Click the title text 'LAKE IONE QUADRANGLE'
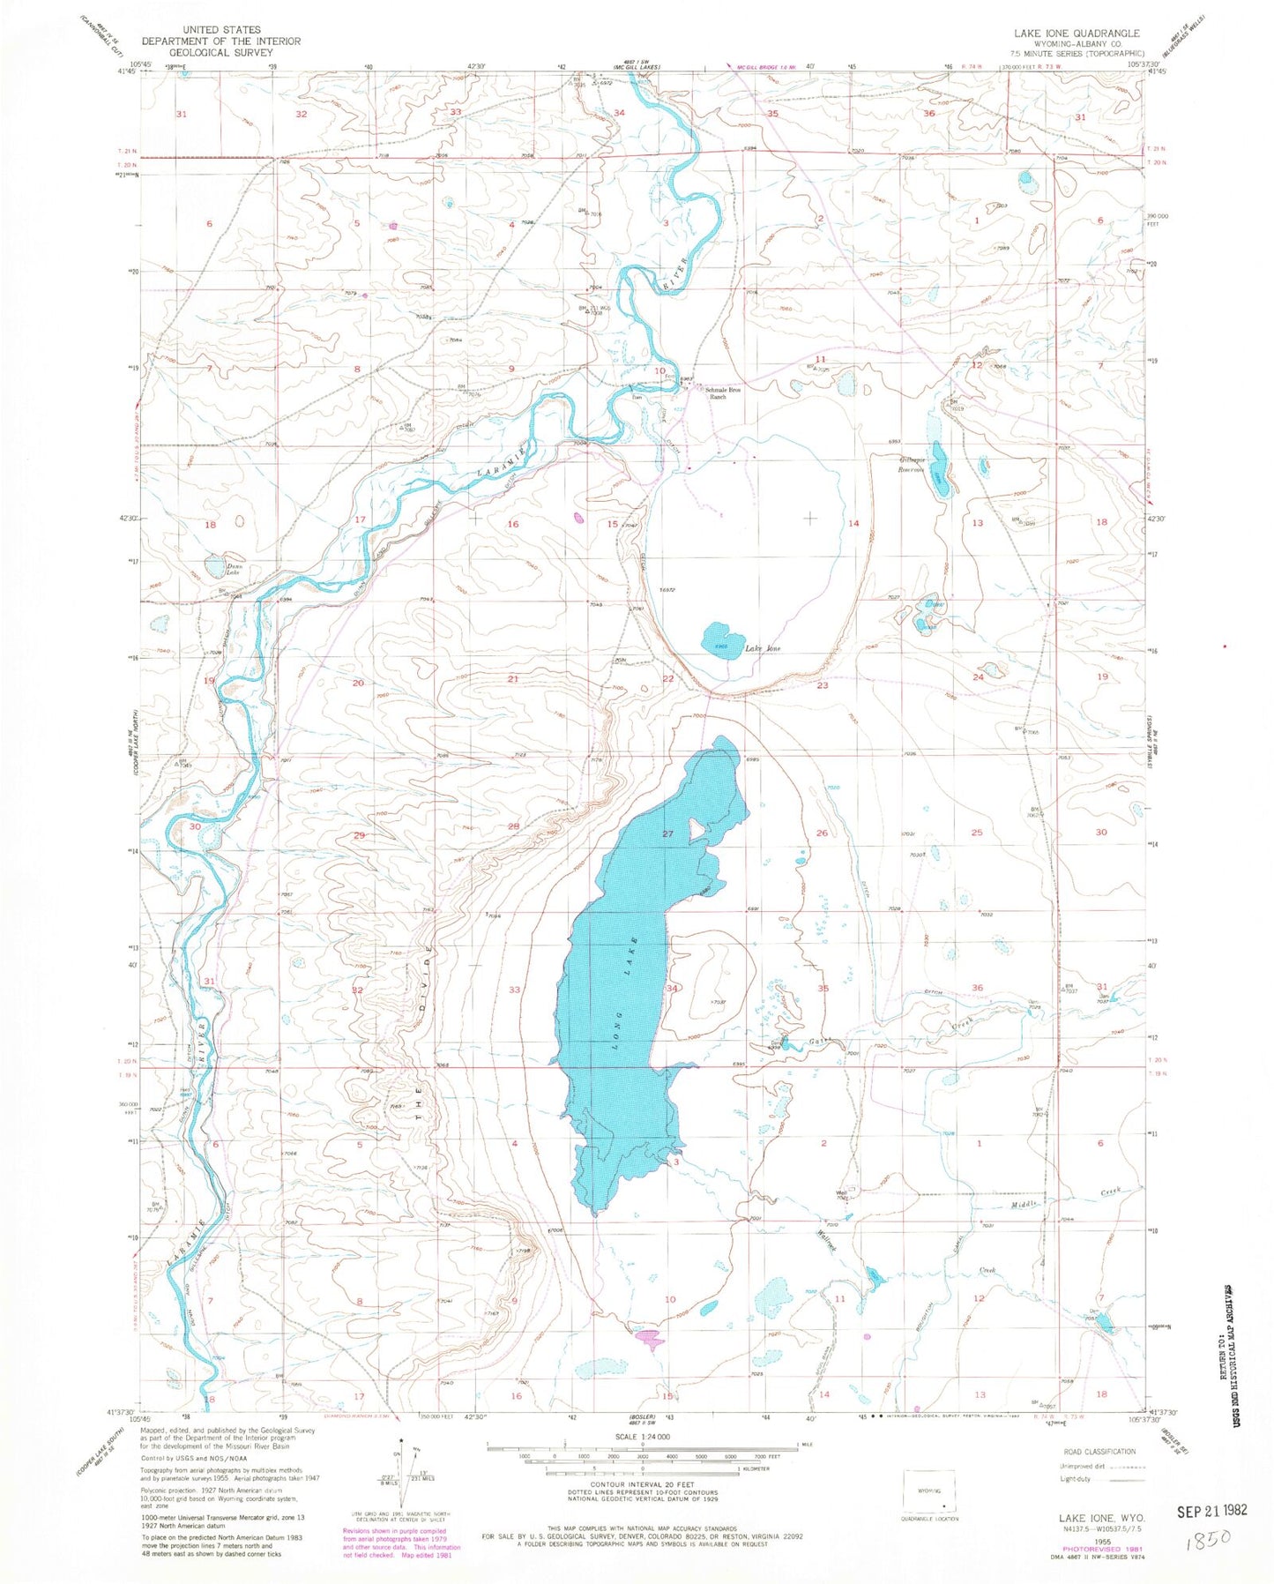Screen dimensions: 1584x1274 click(x=1076, y=34)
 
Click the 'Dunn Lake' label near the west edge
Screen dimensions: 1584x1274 click(x=234, y=570)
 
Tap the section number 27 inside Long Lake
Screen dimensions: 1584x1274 click(x=667, y=833)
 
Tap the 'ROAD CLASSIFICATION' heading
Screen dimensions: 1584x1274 click(x=1099, y=1452)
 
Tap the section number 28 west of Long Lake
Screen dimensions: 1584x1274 click(x=513, y=826)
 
